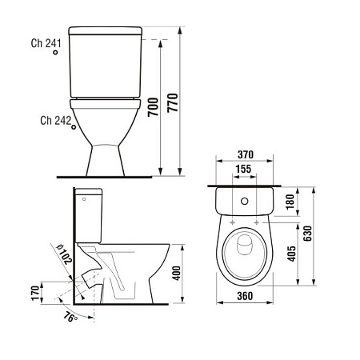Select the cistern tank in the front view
[106, 62]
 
